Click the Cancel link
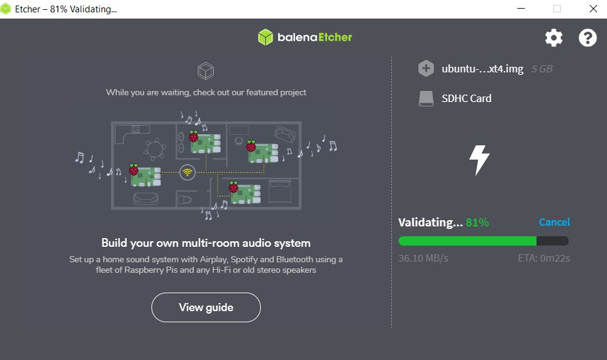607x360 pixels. pyautogui.click(x=554, y=222)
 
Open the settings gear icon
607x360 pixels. pyautogui.click(x=554, y=38)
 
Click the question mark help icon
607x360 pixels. pyautogui.click(x=587, y=38)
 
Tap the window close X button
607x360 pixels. pyautogui.click(x=593, y=9)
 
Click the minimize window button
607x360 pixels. pyautogui.click(x=521, y=9)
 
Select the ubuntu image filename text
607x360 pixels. pyautogui.click(x=482, y=69)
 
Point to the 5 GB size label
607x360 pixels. pyautogui.click(x=542, y=69)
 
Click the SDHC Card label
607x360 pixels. pyautogui.click(x=467, y=98)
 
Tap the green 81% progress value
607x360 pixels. pyautogui.click(x=477, y=223)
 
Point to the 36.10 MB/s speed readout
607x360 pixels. pyautogui.click(x=423, y=258)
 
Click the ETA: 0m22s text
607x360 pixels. pyautogui.click(x=544, y=258)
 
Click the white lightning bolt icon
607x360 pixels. pyautogui.click(x=479, y=160)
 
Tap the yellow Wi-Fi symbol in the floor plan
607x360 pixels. pyautogui.click(x=187, y=172)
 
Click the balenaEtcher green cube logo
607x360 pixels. pyautogui.click(x=266, y=37)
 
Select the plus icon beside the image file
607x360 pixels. pyautogui.click(x=426, y=69)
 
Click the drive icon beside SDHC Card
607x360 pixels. pyautogui.click(x=426, y=98)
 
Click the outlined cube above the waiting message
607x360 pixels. pyautogui.click(x=206, y=71)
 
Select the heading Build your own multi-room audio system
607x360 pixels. pyautogui.click(x=206, y=243)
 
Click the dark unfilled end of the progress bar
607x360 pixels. pyautogui.click(x=553, y=241)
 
